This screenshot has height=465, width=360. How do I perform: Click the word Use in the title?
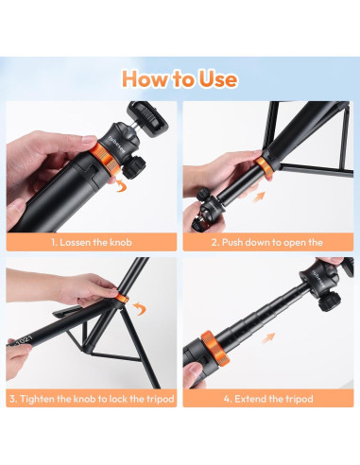point(218,79)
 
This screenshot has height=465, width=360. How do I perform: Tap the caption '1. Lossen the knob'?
point(92,242)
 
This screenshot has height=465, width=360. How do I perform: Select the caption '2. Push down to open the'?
point(267,242)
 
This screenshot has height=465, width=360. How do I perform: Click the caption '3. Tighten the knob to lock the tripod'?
point(92,399)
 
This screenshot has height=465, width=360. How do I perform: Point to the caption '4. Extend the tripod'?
point(268,399)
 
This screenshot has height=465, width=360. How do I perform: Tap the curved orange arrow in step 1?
point(120,185)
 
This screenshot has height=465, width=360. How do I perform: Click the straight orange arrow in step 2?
point(259,197)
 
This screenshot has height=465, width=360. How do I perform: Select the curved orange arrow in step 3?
point(140,308)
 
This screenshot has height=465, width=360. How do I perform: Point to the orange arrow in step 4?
point(268,338)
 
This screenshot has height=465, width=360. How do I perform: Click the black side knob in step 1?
point(134,167)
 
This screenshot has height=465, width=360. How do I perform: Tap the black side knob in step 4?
point(329,301)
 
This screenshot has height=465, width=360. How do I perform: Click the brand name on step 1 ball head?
point(117,145)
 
